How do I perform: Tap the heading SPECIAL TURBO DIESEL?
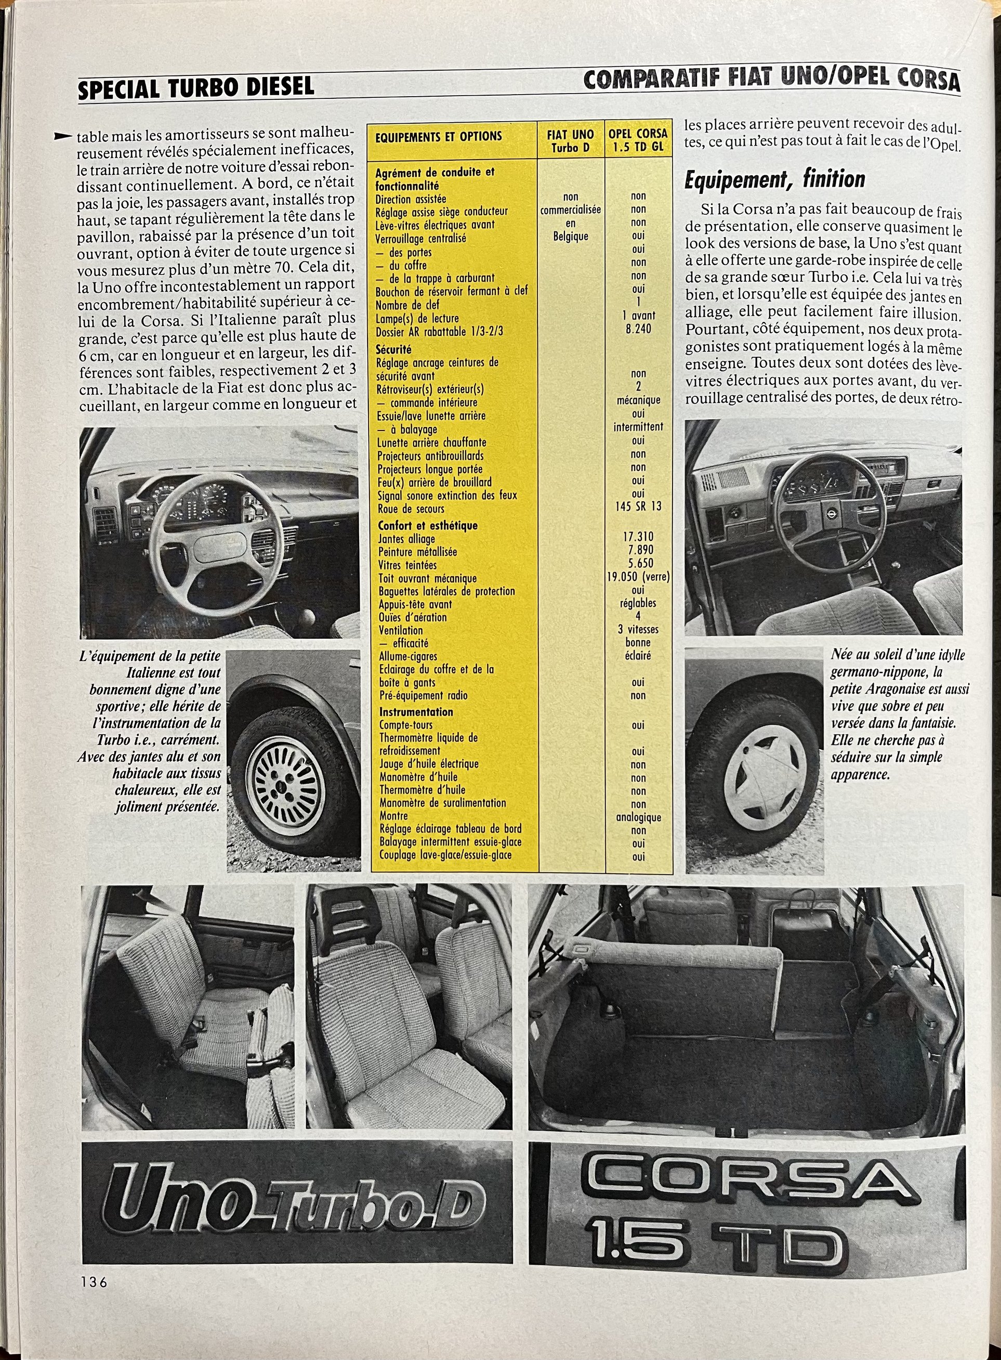click(196, 87)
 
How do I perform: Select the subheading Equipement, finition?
click(774, 180)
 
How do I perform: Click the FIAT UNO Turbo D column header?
click(570, 140)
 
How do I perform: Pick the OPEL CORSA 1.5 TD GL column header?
click(638, 139)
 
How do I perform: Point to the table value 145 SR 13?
click(638, 506)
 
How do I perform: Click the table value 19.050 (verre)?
click(638, 577)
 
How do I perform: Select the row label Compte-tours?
click(406, 724)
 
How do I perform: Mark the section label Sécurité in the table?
click(393, 349)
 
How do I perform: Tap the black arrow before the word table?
click(62, 136)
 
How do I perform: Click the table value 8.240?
click(638, 329)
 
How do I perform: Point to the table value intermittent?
click(638, 427)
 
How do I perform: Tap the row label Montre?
click(393, 816)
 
